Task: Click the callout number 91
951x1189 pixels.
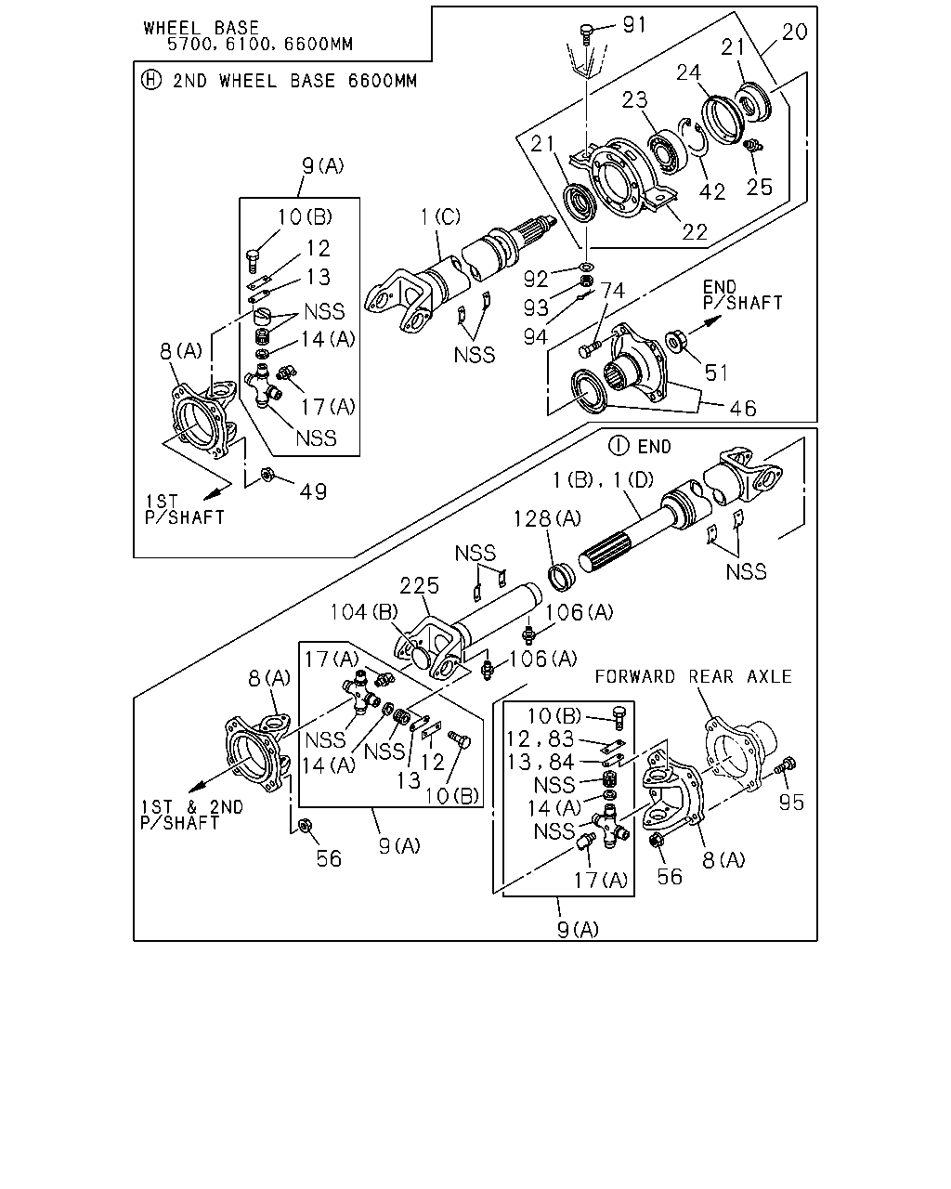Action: click(x=634, y=25)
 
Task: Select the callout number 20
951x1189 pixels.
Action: click(x=795, y=32)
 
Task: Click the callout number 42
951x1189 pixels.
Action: click(x=711, y=191)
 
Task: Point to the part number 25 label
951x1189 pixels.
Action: click(x=760, y=188)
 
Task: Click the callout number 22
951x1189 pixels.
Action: click(x=695, y=232)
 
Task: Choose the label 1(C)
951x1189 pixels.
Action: click(x=440, y=216)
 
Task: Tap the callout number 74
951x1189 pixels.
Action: click(x=612, y=291)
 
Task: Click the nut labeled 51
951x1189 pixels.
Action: click(x=673, y=342)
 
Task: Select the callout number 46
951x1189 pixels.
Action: click(x=743, y=409)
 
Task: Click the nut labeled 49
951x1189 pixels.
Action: click(x=267, y=474)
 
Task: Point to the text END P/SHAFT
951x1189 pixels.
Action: click(x=743, y=295)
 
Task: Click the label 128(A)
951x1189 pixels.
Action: click(x=547, y=519)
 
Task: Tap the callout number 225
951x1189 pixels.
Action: click(x=420, y=585)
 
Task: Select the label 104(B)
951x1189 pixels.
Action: click(x=364, y=612)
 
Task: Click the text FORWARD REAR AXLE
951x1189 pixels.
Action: click(x=694, y=676)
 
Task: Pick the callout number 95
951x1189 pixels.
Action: click(x=791, y=803)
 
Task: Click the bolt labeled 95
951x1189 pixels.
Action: click(x=785, y=765)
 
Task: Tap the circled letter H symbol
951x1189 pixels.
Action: click(x=150, y=80)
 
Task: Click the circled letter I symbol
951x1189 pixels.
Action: click(x=619, y=445)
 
